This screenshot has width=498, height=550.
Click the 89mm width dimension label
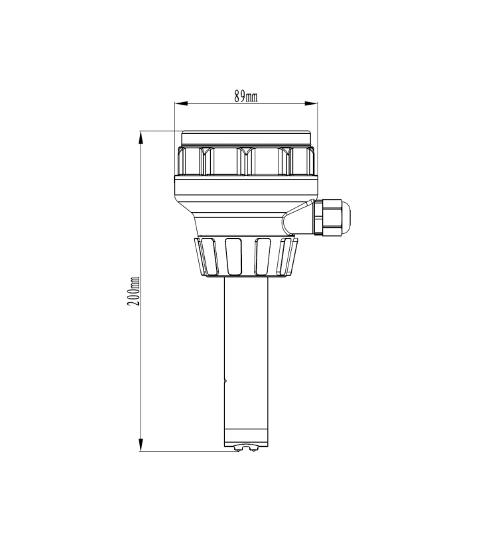point(246,97)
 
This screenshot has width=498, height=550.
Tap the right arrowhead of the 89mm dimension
point(312,103)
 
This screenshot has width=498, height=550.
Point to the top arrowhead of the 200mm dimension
point(140,137)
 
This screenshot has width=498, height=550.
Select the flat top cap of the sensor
point(245,138)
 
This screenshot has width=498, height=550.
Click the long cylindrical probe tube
point(245,351)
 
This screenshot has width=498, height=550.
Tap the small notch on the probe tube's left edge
point(225,381)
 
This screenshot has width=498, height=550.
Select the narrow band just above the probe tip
point(245,437)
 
